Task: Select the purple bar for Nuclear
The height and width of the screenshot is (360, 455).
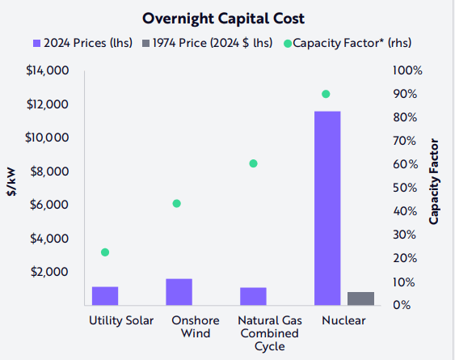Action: (x=327, y=208)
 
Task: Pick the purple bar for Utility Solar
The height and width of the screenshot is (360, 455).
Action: (x=105, y=295)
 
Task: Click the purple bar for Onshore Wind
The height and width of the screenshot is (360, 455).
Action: (x=179, y=291)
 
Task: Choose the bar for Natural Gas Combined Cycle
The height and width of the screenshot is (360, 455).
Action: (x=253, y=296)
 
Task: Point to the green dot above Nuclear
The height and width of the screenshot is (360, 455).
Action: (x=326, y=94)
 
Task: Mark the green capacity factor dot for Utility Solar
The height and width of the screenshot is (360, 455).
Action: (x=105, y=252)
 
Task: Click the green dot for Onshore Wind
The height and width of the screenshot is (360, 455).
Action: (x=177, y=203)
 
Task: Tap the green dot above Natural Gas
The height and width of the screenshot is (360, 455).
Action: (x=253, y=163)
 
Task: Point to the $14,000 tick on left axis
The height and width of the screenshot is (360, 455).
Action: (x=48, y=71)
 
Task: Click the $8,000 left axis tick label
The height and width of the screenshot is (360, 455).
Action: (x=50, y=172)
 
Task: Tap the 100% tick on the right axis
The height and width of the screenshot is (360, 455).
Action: (x=405, y=71)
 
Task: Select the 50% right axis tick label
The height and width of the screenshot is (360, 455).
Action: (x=403, y=188)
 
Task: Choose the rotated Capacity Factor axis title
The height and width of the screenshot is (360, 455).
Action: (x=435, y=188)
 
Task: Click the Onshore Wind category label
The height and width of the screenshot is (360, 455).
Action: (x=191, y=327)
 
